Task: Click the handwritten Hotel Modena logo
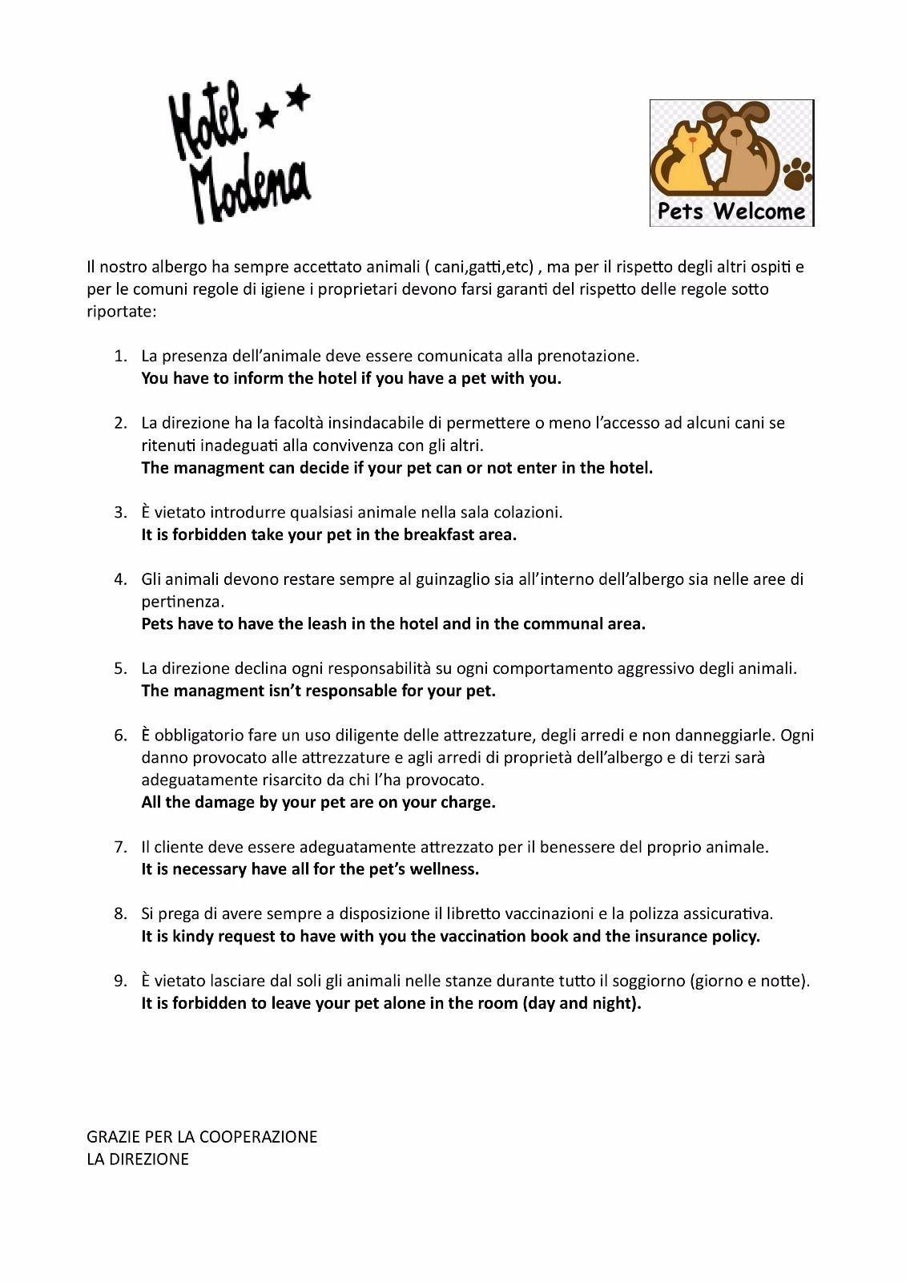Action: pyautogui.click(x=239, y=152)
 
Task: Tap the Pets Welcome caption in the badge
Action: pyautogui.click(x=731, y=212)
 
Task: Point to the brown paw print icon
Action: pyautogui.click(x=797, y=173)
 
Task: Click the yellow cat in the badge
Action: pyautogui.click(x=684, y=159)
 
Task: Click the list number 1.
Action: pyautogui.click(x=120, y=356)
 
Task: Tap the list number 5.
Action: pyautogui.click(x=120, y=668)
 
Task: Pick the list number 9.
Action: pyautogui.click(x=120, y=981)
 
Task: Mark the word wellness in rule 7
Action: pyautogui.click(x=444, y=869)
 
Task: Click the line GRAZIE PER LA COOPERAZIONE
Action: pyautogui.click(x=202, y=1136)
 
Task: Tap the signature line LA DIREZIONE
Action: pyautogui.click(x=138, y=1159)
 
